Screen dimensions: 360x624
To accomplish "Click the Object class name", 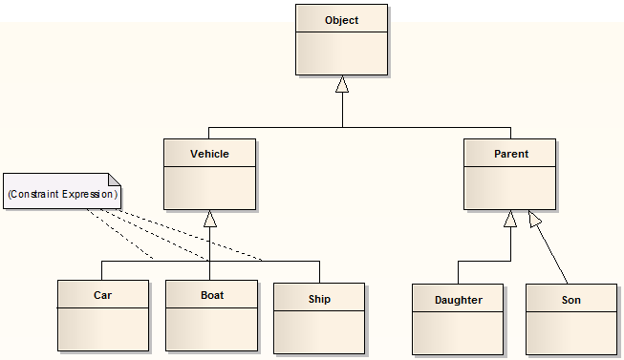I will [341, 20].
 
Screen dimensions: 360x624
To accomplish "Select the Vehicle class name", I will [209, 154].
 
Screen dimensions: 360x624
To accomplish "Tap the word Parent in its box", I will [509, 154].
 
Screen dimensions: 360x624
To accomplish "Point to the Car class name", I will [102, 295].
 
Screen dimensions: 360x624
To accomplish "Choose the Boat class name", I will [211, 295].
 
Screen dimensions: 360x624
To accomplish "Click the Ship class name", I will [319, 299].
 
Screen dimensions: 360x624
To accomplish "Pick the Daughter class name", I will [459, 300].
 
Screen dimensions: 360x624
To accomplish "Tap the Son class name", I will [570, 300].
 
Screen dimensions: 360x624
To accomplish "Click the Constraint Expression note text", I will [62, 194].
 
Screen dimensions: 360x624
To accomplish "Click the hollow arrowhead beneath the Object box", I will [342, 85].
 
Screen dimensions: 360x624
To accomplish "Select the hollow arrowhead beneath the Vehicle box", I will [210, 219].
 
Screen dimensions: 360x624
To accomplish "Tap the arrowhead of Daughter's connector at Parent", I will [510, 219].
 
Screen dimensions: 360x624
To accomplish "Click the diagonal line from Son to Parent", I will [551, 252].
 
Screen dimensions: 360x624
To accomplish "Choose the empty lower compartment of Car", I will [102, 328].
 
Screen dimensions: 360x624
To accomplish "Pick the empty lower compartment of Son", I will [570, 331].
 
